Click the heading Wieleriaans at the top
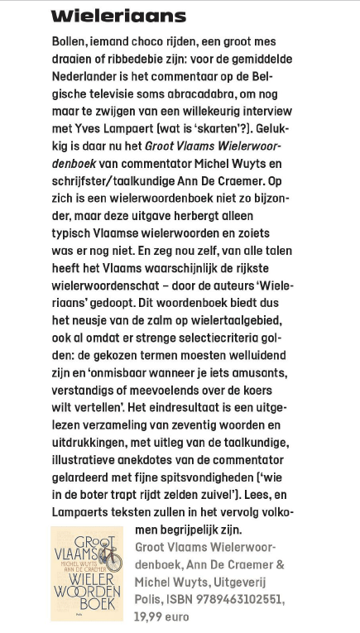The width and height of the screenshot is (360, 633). coord(118,16)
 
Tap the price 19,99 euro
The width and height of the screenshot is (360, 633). coord(162,616)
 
